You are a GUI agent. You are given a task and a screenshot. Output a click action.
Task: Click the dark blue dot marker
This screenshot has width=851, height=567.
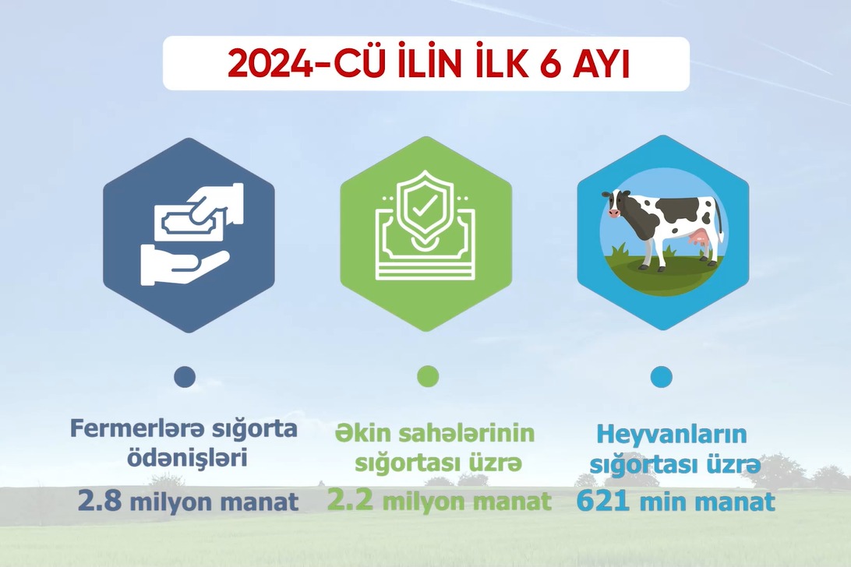coord(185,377)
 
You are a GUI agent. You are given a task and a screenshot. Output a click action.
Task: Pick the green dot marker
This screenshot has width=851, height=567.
coord(427,377)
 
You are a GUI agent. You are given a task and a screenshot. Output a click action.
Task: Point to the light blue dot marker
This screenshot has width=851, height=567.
coord(661,377)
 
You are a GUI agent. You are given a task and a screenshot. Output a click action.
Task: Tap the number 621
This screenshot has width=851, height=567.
coord(603,501)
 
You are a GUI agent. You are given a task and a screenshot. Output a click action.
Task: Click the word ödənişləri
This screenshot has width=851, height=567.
coord(187,458)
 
